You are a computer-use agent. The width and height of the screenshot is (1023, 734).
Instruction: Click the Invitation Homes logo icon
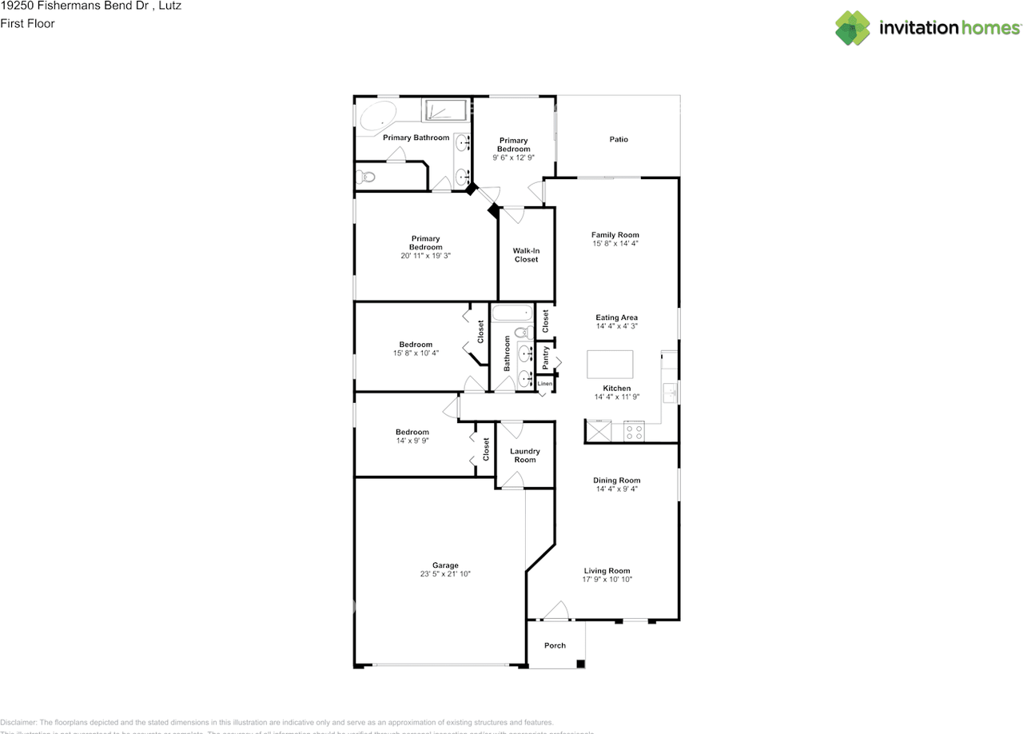(x=853, y=28)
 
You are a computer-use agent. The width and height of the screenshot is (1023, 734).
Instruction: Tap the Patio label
(x=619, y=139)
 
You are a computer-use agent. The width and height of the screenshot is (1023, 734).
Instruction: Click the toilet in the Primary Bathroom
(x=365, y=177)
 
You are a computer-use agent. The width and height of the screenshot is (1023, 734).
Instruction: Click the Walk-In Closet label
(x=526, y=255)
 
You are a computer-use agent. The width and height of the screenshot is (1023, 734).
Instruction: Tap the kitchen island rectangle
(x=610, y=364)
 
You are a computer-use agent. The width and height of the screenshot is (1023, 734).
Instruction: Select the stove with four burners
(x=634, y=432)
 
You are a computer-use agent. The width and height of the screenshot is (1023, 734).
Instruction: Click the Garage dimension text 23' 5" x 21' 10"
(x=445, y=574)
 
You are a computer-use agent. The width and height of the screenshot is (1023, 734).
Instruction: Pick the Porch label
(x=555, y=645)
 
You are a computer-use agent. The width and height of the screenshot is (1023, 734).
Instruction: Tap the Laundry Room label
(x=525, y=456)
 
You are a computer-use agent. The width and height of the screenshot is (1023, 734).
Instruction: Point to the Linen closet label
(x=545, y=384)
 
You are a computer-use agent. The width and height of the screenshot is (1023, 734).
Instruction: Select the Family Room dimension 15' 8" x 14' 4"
(x=615, y=243)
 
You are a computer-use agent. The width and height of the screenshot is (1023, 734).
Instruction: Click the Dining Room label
(x=616, y=481)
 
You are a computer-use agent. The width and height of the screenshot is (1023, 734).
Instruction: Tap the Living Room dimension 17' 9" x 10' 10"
(x=607, y=580)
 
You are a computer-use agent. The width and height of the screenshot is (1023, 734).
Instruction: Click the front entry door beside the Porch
(x=555, y=616)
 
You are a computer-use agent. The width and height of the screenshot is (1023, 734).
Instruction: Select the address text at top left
(x=90, y=6)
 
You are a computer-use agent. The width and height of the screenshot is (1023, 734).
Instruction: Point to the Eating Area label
(x=616, y=317)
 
